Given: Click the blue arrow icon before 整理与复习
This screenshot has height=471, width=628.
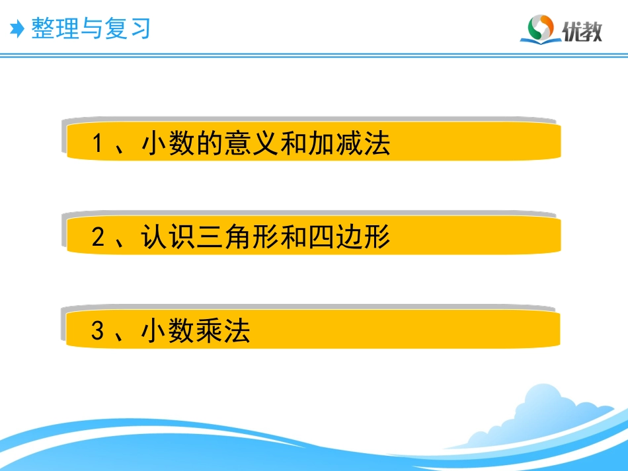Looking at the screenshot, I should [x=17, y=28].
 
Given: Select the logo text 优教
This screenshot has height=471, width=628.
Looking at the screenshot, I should [x=582, y=30].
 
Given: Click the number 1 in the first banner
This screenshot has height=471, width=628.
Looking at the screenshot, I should [x=98, y=143].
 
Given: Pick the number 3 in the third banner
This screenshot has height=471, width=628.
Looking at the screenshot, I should [x=98, y=331].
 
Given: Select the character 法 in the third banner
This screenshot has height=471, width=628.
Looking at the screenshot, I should [x=238, y=331].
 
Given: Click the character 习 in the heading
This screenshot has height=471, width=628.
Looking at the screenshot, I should [x=139, y=28].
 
